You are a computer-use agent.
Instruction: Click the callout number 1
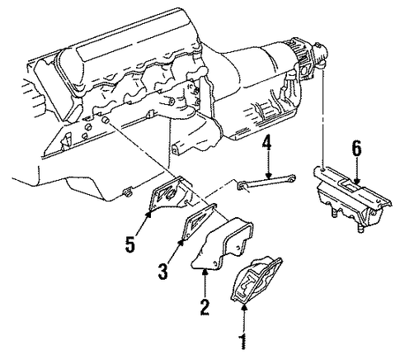243,343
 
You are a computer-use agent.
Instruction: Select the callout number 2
205,307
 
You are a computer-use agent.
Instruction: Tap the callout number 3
162,272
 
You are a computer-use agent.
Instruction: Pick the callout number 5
130,244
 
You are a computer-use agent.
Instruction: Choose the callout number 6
356,149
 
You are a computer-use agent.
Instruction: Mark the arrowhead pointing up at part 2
205,272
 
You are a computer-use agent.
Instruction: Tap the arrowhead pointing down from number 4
268,175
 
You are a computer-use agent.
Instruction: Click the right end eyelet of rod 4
293,178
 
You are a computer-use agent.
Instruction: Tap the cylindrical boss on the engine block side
106,121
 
